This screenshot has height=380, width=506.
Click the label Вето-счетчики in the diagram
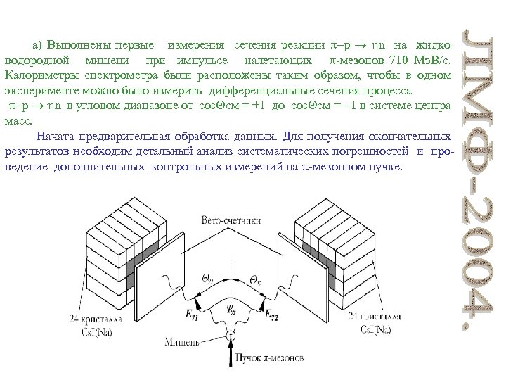(231, 220)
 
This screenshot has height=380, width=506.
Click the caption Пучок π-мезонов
(270, 358)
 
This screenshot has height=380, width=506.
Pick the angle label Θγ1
(209, 279)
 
